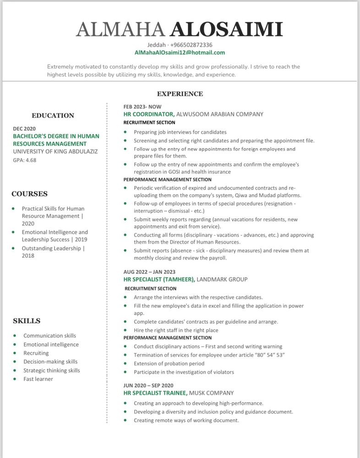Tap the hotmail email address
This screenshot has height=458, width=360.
[180, 53]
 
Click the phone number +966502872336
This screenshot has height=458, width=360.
[191, 45]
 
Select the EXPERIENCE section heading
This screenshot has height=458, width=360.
[180, 94]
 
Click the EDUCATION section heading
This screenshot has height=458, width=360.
[53, 116]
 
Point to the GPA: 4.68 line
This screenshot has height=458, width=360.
[25, 160]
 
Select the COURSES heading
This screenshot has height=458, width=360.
[30, 194]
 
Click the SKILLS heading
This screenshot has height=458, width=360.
[27, 321]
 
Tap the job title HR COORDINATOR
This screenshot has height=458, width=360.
[148, 114]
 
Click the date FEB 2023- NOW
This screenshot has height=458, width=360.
[142, 106]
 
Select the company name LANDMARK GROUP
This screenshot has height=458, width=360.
[222, 279]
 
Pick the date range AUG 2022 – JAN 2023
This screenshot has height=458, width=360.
[149, 272]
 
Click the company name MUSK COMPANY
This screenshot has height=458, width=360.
[211, 393]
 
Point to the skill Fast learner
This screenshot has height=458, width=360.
[38, 379]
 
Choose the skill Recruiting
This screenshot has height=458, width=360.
[36, 353]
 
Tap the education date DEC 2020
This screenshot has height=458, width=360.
[24, 129]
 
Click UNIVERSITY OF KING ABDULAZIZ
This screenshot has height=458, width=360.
[55, 151]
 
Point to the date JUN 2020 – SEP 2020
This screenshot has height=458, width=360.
[148, 385]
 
